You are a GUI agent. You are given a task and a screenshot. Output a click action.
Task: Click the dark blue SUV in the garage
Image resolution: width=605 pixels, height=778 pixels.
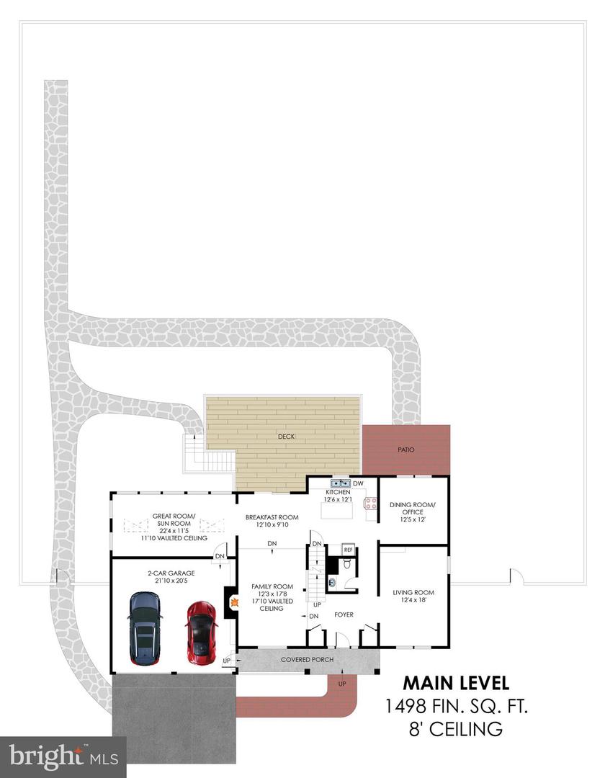point(145,628)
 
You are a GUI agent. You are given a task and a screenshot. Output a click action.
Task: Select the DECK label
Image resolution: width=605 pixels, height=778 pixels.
point(286,437)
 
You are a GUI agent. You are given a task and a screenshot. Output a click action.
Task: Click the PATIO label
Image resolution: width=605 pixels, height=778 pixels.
point(405,450)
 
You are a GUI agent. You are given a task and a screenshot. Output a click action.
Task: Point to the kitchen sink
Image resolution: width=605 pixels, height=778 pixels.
point(341,483)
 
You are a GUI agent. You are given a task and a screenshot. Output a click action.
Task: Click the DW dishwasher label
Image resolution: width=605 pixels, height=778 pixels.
point(358,483)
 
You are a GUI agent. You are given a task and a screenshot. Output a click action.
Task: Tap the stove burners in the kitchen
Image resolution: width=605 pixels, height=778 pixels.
point(370,504)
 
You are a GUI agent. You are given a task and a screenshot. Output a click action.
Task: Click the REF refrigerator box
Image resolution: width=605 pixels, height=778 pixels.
point(348,550)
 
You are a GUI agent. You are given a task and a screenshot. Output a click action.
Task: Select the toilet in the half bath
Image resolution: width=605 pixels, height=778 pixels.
point(347,563)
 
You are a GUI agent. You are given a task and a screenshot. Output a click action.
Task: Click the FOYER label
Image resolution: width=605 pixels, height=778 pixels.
point(344,614)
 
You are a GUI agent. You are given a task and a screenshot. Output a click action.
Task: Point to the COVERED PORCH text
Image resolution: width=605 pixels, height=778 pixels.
point(307,659)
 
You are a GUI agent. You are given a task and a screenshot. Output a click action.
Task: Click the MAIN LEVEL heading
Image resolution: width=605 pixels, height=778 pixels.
point(456,683)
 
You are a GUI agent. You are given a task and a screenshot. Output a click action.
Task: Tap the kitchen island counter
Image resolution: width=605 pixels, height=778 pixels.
point(337,510)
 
